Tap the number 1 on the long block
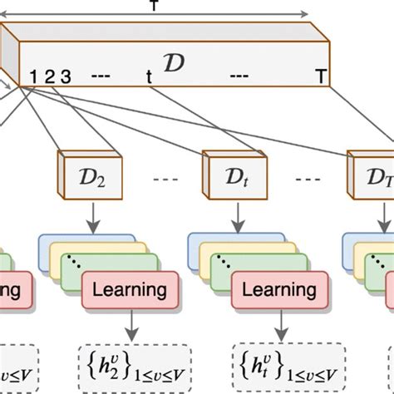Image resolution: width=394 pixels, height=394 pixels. [x=34, y=78]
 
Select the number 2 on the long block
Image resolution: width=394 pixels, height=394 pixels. [x=50, y=78]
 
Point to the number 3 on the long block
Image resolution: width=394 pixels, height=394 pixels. [x=66, y=78]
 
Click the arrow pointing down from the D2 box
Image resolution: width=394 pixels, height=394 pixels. [x=87, y=213]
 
